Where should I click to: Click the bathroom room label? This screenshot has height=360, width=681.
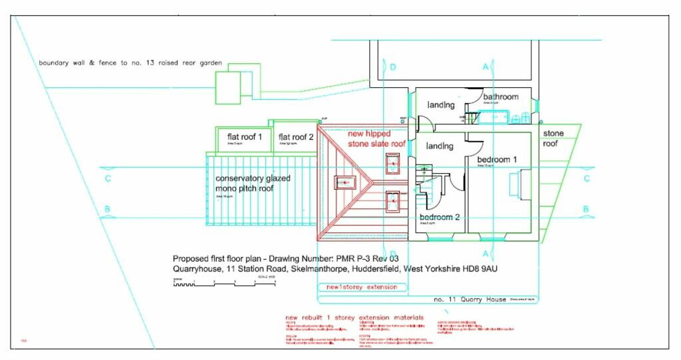[501, 96]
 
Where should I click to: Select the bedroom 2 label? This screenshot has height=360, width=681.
[440, 217]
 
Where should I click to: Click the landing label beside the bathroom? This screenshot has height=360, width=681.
[440, 105]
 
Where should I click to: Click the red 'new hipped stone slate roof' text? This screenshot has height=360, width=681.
[376, 138]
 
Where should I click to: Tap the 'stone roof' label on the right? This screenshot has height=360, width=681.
[553, 138]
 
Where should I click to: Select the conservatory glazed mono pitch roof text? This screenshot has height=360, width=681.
[253, 183]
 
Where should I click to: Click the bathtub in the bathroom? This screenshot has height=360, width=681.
[493, 118]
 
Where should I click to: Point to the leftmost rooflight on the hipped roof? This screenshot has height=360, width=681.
[344, 181]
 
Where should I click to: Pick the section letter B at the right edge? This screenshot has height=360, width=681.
[586, 210]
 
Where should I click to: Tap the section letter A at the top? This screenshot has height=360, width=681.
[485, 67]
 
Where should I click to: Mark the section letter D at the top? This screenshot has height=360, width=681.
[393, 67]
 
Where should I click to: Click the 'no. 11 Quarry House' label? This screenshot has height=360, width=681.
[470, 299]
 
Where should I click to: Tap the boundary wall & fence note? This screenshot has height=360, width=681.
[130, 63]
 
